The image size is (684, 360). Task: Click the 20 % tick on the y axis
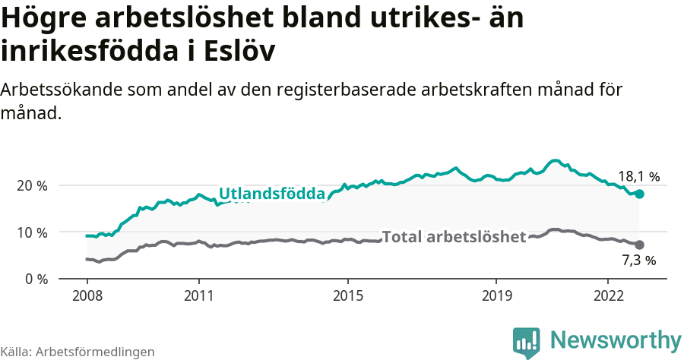(31, 186)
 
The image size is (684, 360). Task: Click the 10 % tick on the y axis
(31, 232)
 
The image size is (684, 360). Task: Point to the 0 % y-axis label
(35, 279)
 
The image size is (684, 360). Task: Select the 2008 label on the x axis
(87, 295)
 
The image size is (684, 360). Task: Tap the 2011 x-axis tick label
(198, 295)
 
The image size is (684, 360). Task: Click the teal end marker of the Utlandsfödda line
(639, 194)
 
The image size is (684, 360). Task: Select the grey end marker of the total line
(639, 245)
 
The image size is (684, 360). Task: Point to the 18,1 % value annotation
(638, 177)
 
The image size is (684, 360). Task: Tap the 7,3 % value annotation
(638, 261)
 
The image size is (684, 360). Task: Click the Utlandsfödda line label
(272, 194)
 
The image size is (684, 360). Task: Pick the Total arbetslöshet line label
(454, 237)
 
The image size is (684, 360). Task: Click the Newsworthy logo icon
(527, 342)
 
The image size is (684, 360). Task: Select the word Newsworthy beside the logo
(616, 339)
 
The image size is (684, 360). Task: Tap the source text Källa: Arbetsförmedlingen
(78, 352)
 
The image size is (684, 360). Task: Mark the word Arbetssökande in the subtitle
(60, 90)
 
